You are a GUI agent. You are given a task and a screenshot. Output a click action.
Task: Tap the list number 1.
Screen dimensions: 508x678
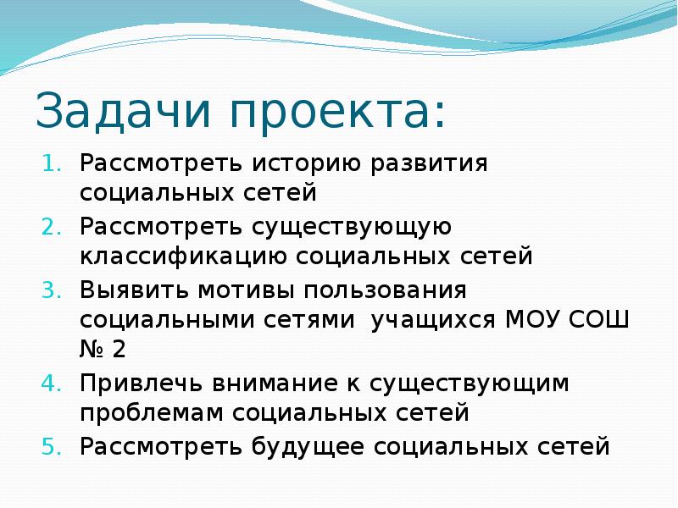pyautogui.click(x=51, y=163)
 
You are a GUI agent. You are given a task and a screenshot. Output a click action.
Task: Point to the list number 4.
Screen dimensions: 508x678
pyautogui.click(x=51, y=383)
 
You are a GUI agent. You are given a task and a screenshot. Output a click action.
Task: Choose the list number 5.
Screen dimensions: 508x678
pyautogui.click(x=51, y=445)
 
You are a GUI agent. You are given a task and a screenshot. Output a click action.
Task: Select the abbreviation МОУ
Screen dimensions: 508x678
pyautogui.click(x=533, y=320)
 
